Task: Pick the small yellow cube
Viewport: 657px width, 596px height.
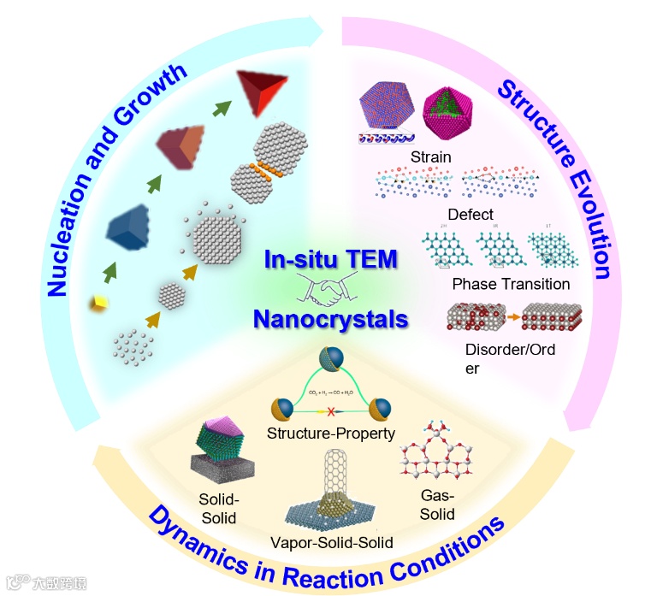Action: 99,300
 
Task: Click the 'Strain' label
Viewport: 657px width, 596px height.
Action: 430,156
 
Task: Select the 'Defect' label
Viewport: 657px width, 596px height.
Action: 471,214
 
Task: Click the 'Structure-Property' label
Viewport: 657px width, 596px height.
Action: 331,433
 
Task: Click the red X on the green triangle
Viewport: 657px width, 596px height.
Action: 330,412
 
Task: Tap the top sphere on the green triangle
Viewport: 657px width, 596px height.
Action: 330,359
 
